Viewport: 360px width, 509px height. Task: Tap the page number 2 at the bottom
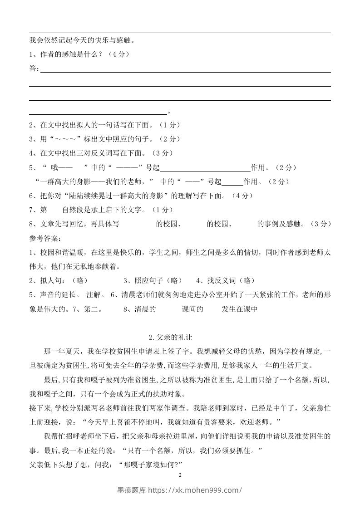tap(180, 475)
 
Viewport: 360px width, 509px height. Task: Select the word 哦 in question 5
tap(55, 167)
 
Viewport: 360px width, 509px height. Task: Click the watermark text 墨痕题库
tap(132, 490)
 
